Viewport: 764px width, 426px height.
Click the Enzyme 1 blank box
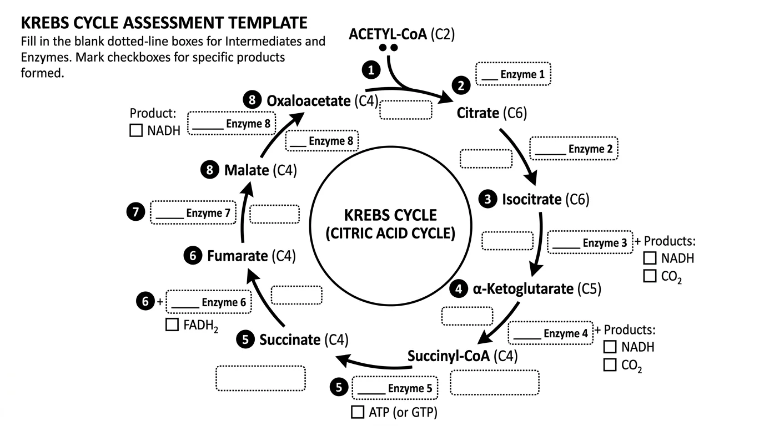(x=513, y=74)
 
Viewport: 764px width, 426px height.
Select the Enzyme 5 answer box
(x=395, y=388)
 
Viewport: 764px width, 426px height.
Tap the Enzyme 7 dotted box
(x=193, y=212)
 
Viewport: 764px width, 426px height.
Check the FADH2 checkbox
(x=172, y=324)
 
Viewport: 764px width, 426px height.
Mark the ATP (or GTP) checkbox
(x=358, y=412)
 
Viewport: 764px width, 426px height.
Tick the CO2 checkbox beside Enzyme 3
(x=650, y=276)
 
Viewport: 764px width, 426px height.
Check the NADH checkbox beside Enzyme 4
(x=610, y=347)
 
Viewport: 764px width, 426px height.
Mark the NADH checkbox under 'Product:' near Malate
(x=136, y=131)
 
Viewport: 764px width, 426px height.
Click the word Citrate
(x=477, y=113)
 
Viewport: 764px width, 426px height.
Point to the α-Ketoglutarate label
(x=522, y=288)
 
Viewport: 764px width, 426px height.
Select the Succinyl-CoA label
(x=449, y=356)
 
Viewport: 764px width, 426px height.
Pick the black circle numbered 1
(x=370, y=69)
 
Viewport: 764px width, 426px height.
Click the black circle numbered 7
(x=135, y=212)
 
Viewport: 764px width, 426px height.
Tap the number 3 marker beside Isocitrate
(x=489, y=199)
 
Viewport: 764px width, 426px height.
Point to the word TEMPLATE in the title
(x=261, y=23)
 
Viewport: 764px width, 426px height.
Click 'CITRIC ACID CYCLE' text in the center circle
(x=390, y=233)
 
